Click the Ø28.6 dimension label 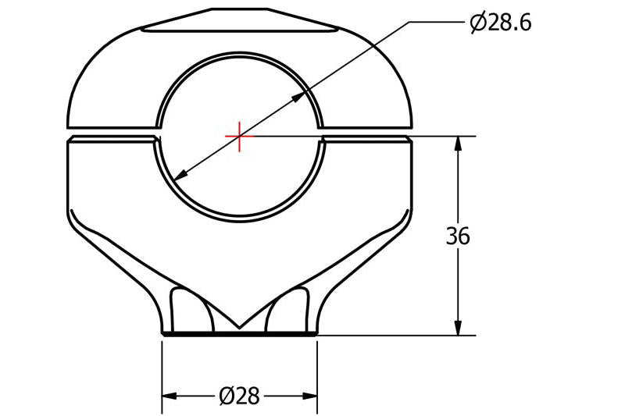coord(500,23)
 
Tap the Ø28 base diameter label coord(239,396)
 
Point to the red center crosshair coord(239,137)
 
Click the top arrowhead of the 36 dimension coord(458,145)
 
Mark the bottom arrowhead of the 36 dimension coord(458,327)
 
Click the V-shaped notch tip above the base coord(239,327)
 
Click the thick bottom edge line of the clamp coord(239,335)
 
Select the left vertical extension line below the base coord(162,375)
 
